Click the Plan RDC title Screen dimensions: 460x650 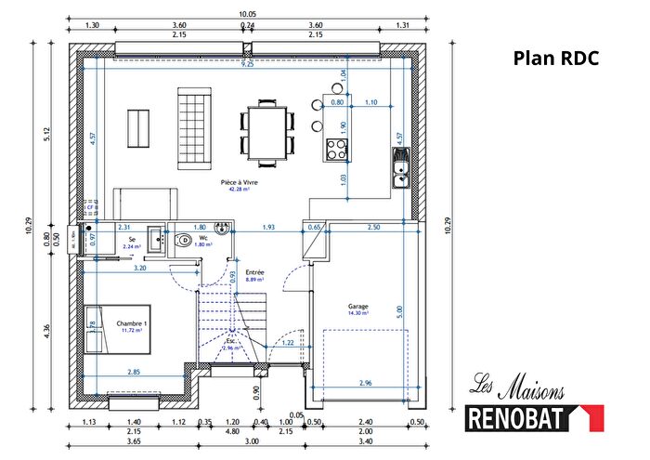click(556, 59)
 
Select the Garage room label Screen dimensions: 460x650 click(358, 309)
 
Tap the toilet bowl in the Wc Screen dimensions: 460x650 click(185, 240)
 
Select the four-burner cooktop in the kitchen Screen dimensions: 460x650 click(335, 150)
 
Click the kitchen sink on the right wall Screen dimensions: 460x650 click(400, 168)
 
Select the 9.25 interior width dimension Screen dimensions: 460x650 click(246, 65)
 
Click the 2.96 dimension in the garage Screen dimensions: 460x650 click(364, 382)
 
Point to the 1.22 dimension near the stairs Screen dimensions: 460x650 click(288, 344)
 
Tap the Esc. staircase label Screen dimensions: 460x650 click(232, 340)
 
